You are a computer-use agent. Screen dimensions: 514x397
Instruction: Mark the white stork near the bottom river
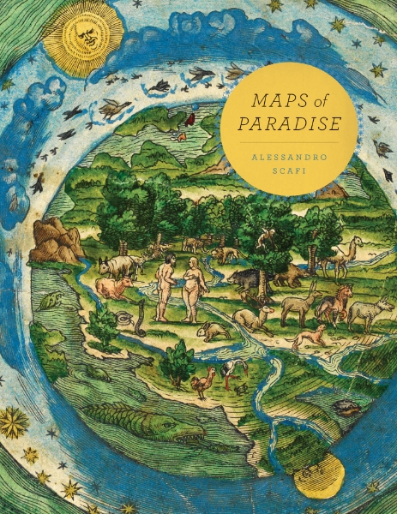point(230,373)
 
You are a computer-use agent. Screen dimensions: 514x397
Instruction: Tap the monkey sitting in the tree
point(268,238)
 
